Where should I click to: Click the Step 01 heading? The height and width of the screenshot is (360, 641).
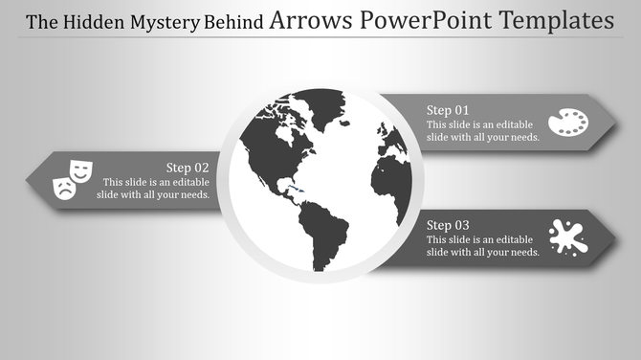[x=448, y=109]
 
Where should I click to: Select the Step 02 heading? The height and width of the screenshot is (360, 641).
[x=188, y=167]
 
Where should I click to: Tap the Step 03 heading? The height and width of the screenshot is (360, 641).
[x=448, y=224]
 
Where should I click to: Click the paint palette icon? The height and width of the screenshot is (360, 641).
[x=567, y=123]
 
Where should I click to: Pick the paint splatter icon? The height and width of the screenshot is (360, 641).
[x=568, y=236]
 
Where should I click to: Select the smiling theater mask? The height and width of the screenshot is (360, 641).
[x=80, y=170]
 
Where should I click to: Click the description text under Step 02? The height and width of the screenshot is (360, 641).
[x=153, y=188]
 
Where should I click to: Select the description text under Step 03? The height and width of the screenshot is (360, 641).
[x=483, y=245]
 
